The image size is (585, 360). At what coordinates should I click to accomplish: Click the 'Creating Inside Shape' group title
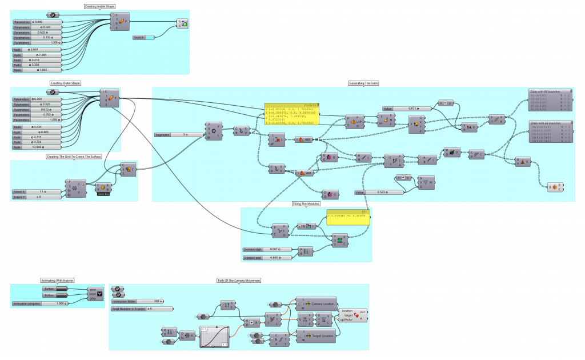(99, 6)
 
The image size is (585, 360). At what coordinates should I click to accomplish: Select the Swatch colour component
(143, 38)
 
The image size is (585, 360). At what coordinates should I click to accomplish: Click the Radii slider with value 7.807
(38, 70)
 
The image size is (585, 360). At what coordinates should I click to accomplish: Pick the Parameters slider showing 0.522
(38, 32)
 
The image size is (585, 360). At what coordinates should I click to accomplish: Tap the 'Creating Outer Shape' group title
(65, 83)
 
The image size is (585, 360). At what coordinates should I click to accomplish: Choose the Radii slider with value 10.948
(38, 147)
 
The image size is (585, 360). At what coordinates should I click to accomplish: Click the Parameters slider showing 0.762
(38, 115)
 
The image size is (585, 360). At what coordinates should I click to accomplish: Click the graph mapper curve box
(214, 337)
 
